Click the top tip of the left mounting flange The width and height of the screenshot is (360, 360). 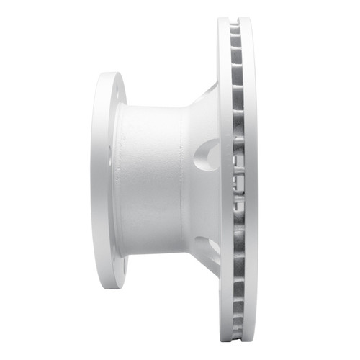point(109,73)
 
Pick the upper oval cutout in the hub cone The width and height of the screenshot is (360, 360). point(208,154)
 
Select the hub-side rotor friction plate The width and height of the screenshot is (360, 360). point(225,180)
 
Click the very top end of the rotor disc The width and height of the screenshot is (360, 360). point(236,19)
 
